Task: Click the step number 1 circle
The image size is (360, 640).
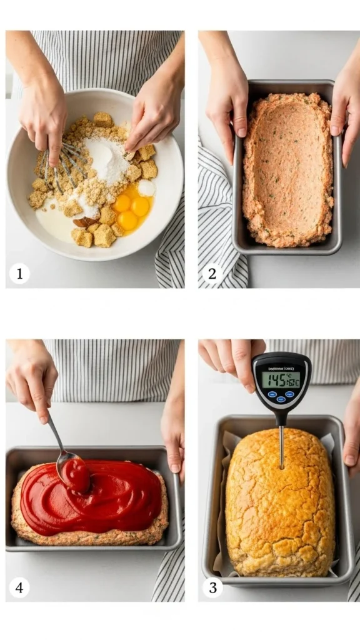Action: pyautogui.click(x=19, y=274)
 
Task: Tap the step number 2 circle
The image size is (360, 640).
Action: pyautogui.click(x=212, y=274)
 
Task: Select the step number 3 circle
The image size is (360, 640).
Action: pyautogui.click(x=212, y=587)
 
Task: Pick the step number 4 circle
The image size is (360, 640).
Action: pyautogui.click(x=19, y=587)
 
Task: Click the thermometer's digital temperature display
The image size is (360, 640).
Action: pyautogui.click(x=281, y=379)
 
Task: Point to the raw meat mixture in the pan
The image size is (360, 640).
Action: pyautogui.click(x=287, y=169)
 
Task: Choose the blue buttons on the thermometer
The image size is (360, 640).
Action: pyautogui.click(x=281, y=396)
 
